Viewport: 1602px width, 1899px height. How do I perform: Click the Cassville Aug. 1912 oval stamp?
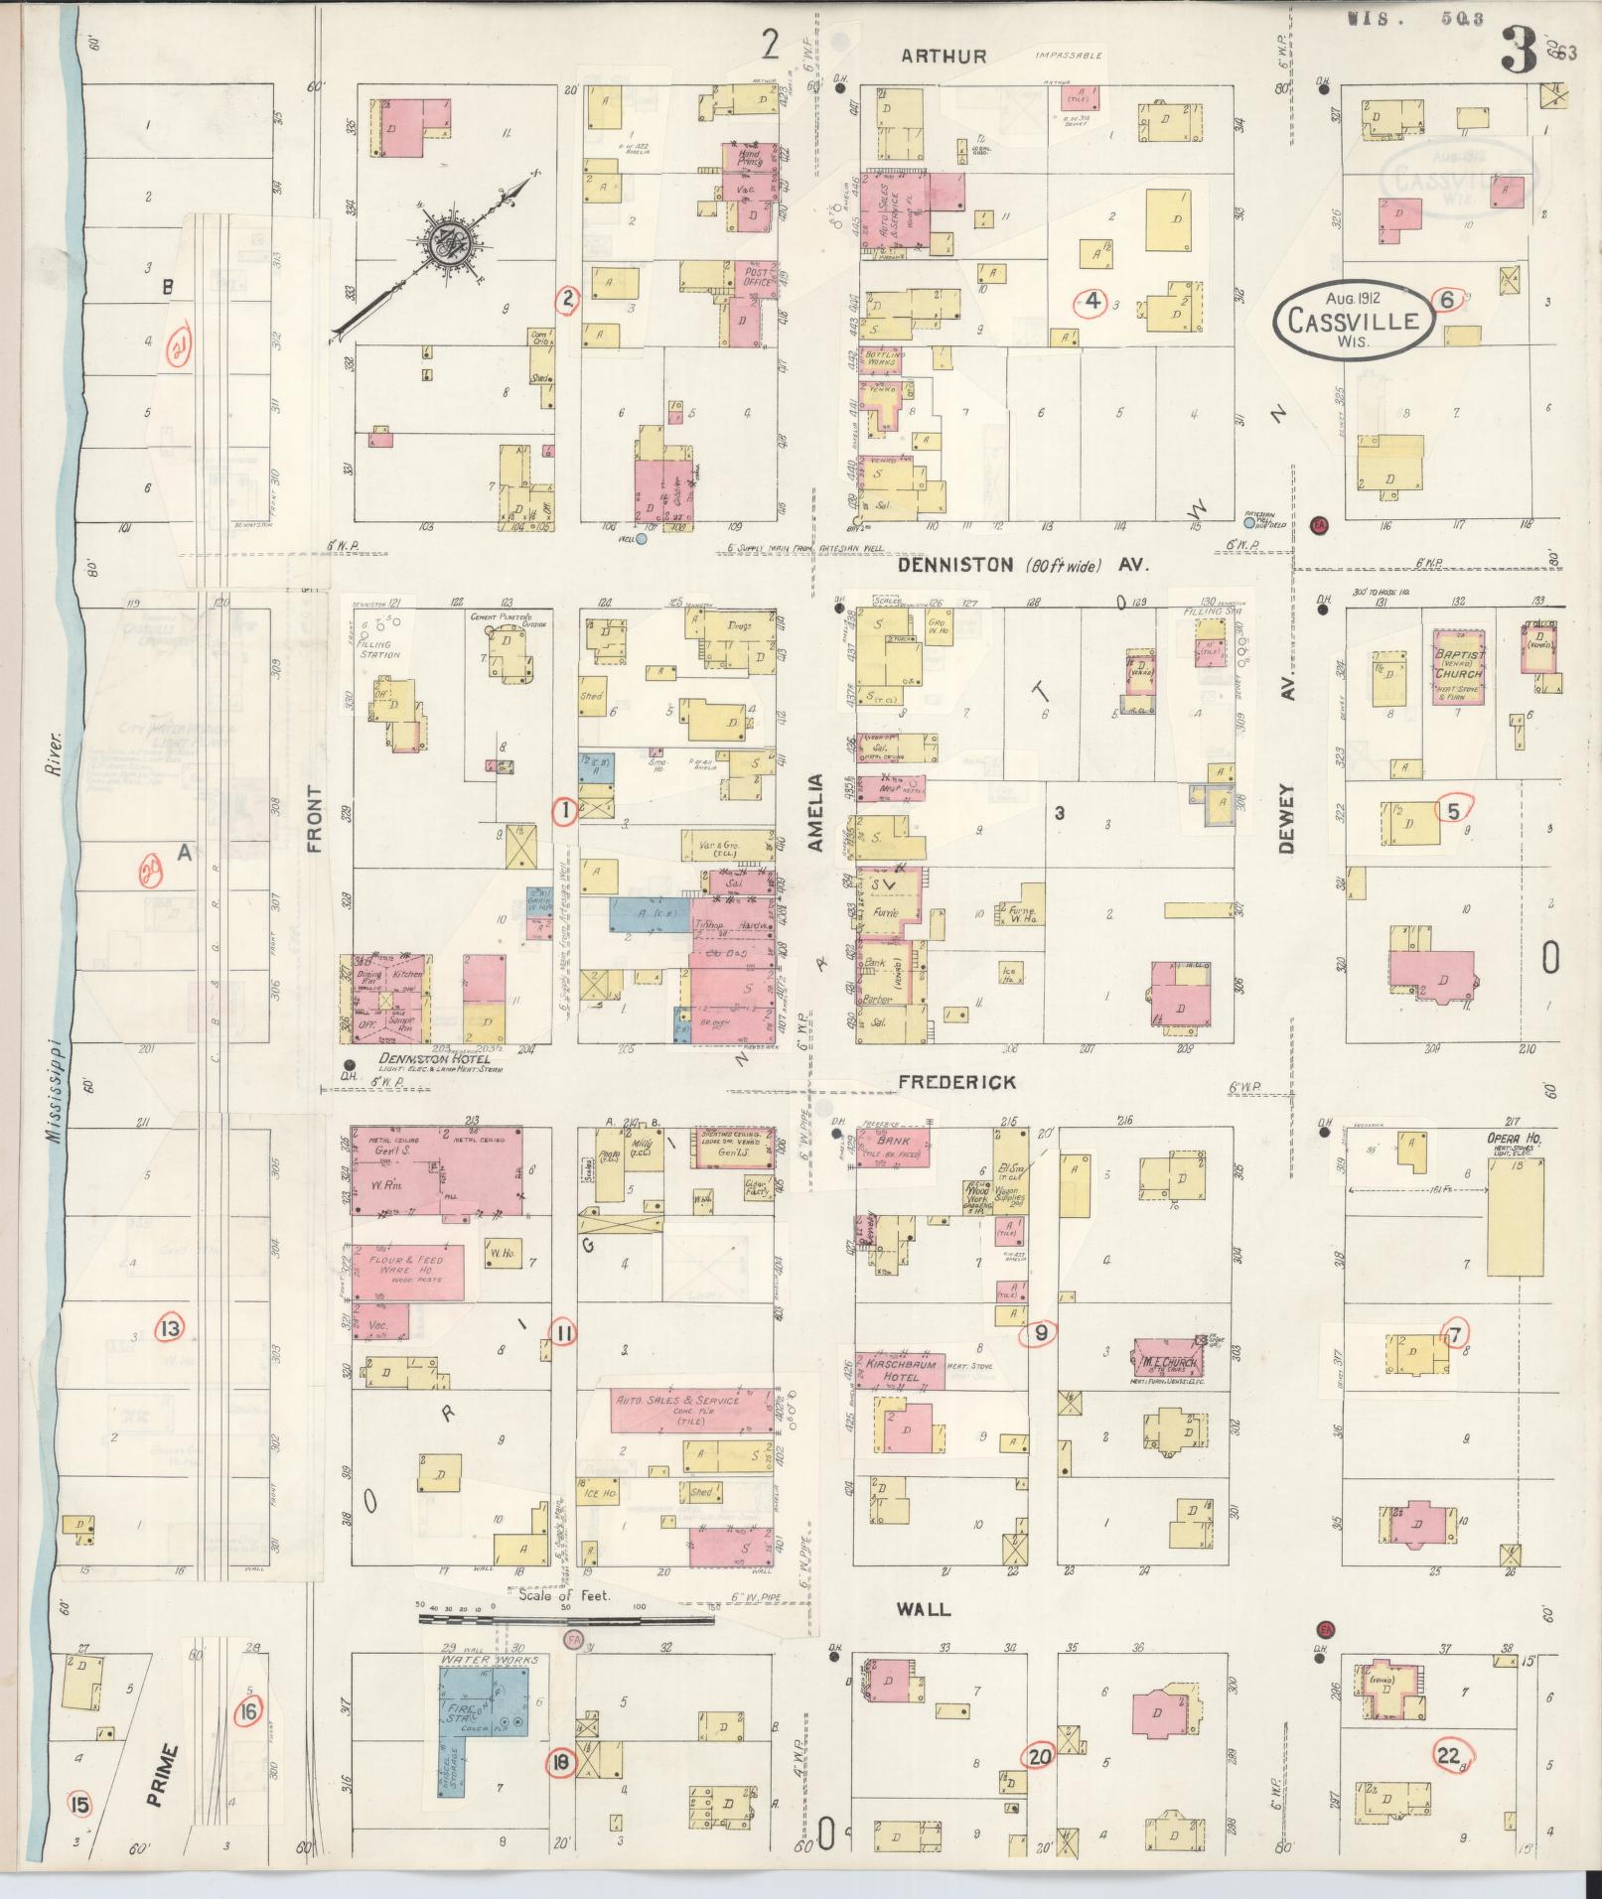[x=1354, y=319]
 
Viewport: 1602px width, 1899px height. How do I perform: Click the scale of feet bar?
[x=566, y=1620]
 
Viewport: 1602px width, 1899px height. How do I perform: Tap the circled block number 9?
[x=1040, y=1333]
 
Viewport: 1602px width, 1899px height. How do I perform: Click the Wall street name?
[x=924, y=1609]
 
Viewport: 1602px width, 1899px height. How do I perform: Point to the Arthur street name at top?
[x=944, y=57]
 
